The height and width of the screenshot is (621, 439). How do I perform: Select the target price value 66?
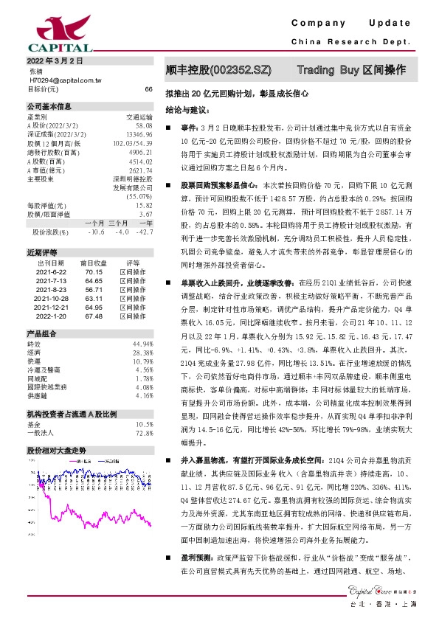pos(148,89)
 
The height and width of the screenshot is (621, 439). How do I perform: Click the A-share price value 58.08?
pos(145,125)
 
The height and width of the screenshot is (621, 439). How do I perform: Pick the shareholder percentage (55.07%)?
pos(139,197)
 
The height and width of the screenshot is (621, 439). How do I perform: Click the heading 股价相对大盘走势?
pos(57,449)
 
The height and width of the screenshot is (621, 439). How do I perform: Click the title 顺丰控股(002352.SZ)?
pos(219,71)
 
